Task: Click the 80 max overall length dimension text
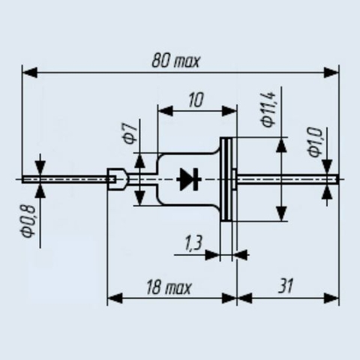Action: (x=176, y=61)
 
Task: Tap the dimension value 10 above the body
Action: (x=196, y=100)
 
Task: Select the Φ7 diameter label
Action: (x=130, y=133)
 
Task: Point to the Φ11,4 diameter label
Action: (x=268, y=109)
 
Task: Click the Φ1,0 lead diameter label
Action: (x=314, y=142)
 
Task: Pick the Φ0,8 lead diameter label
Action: (x=28, y=221)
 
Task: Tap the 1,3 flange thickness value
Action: (x=193, y=242)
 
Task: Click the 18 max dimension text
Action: (x=169, y=287)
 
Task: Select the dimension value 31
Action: (x=285, y=286)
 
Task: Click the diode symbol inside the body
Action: (x=189, y=179)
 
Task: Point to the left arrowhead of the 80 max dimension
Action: (x=30, y=73)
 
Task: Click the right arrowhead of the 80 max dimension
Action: (x=331, y=73)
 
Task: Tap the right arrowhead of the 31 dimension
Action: (x=331, y=298)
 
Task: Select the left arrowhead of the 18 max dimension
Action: (x=115, y=298)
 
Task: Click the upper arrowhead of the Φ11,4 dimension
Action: (x=282, y=145)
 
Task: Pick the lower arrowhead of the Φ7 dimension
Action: (x=139, y=198)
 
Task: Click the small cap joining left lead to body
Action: (x=118, y=179)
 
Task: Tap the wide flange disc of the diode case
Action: (x=226, y=179)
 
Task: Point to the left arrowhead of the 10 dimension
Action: (x=165, y=111)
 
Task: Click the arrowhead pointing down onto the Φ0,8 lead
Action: (x=40, y=169)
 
